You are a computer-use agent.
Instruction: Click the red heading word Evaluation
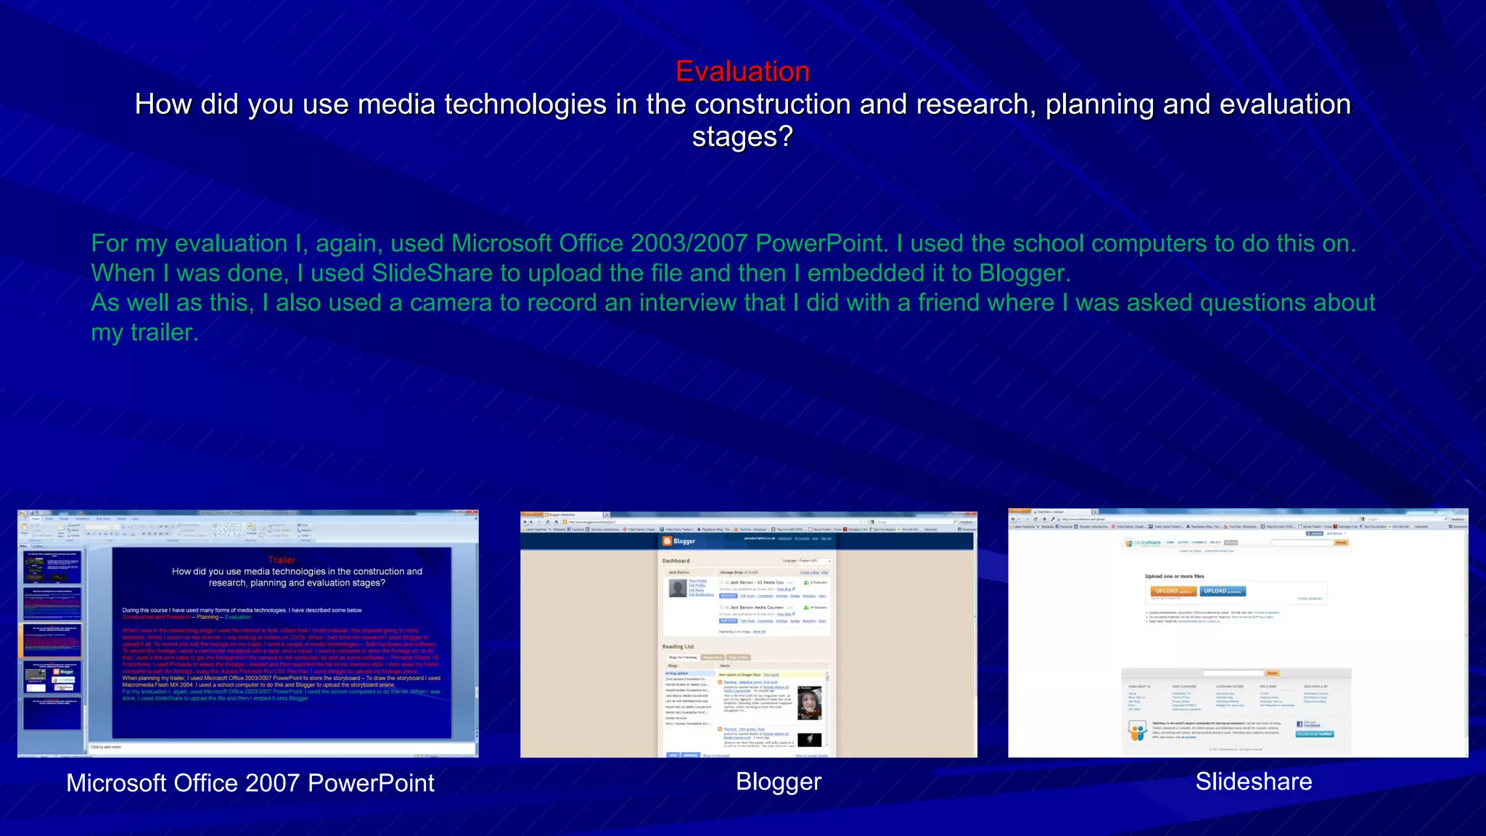tap(742, 71)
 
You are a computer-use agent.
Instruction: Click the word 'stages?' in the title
tap(742, 137)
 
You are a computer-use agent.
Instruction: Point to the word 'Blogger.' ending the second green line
tap(1025, 274)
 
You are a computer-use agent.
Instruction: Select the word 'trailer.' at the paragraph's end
tap(164, 332)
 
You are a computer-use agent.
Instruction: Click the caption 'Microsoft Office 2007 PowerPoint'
tap(250, 783)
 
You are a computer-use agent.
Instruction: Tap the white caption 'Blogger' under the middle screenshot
tap(779, 782)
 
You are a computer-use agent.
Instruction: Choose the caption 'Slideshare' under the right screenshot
tap(1253, 782)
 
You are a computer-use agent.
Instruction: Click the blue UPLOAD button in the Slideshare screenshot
tap(1222, 591)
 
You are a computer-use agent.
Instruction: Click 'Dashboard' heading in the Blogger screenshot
tap(676, 561)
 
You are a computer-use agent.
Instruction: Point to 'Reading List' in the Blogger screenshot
tap(678, 647)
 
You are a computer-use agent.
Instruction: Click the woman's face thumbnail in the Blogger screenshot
tap(809, 702)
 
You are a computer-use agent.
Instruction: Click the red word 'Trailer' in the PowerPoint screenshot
tap(282, 560)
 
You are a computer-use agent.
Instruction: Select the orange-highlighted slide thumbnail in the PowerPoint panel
tap(52, 640)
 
